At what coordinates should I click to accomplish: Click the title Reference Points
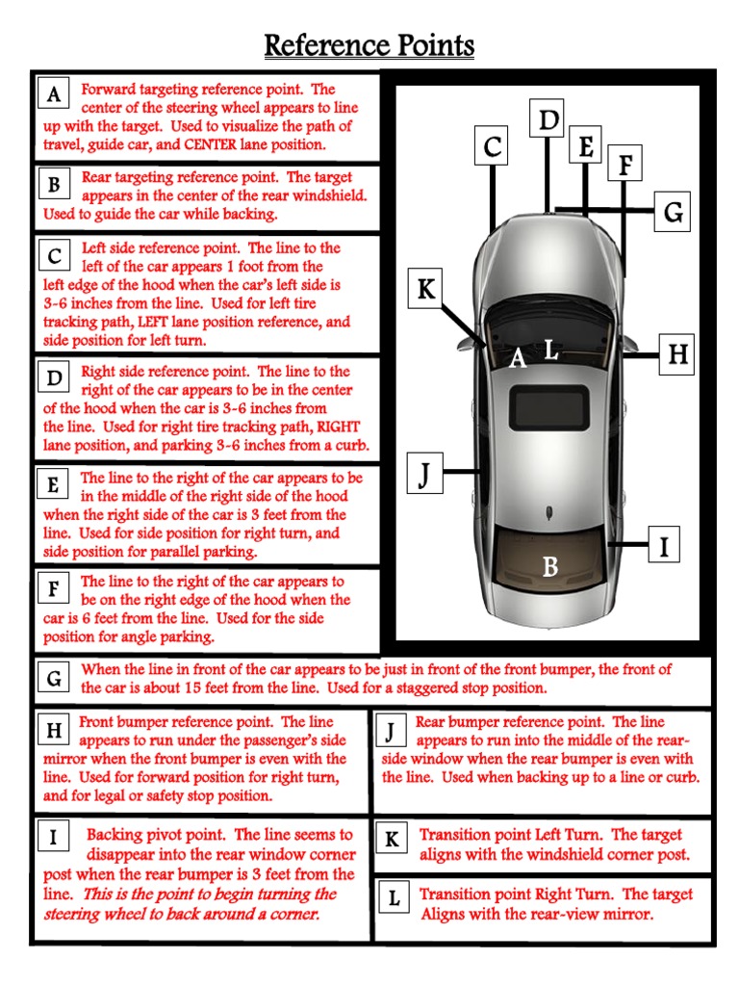click(369, 45)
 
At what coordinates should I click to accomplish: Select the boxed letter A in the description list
click(55, 94)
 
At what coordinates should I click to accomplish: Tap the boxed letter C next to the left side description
click(55, 257)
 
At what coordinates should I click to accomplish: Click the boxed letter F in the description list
click(54, 588)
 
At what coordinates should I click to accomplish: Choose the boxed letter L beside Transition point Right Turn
click(394, 898)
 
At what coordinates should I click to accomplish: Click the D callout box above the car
click(548, 120)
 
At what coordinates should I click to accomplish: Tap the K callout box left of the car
click(425, 289)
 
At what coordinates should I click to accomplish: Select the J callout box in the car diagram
click(424, 473)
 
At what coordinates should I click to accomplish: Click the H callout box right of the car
click(678, 355)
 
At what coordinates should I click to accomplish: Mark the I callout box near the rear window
click(663, 546)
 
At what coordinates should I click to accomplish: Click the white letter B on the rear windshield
click(549, 567)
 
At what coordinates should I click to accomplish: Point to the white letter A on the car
click(518, 359)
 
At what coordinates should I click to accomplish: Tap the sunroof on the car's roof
click(549, 405)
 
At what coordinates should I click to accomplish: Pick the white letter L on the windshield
click(551, 350)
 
